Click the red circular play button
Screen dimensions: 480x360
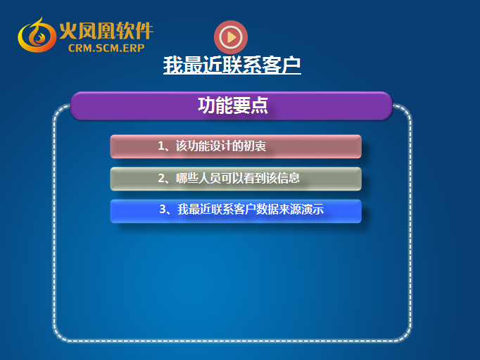coord(231,37)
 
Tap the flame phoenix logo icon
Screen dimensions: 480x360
coord(37,35)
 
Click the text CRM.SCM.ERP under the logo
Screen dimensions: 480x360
coord(106,48)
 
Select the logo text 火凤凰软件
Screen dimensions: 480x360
coord(106,31)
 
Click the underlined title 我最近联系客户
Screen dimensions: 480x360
coord(232,65)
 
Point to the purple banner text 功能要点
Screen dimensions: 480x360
coord(233,105)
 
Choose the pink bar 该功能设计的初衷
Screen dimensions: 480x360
coord(236,146)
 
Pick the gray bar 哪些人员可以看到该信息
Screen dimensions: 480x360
coord(236,179)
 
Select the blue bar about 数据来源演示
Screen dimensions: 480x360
coord(236,211)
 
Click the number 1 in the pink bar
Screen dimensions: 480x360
coord(161,146)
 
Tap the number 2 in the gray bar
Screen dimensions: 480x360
coord(161,178)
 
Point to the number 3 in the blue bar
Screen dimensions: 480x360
coord(163,210)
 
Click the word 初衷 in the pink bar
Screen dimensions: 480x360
coord(255,146)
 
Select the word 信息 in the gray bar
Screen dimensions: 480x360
coord(289,178)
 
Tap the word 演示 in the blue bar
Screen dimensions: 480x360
coord(312,210)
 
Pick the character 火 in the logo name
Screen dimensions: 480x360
coord(68,31)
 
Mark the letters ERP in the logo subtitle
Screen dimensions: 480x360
coord(134,48)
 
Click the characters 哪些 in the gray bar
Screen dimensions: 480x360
coord(187,178)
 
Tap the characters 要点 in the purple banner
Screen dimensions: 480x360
coord(251,105)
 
